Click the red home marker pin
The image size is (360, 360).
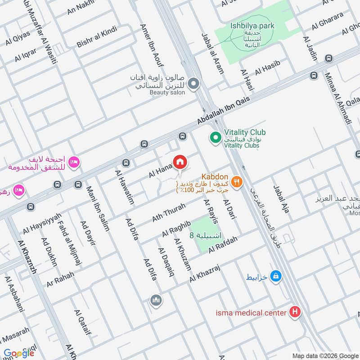pyautogui.click(x=180, y=162)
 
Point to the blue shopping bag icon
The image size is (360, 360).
pyautogui.click(x=277, y=277)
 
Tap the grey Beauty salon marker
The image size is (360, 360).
pyautogui.click(x=193, y=84)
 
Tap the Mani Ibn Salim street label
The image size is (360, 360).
pyautogui.click(x=98, y=208)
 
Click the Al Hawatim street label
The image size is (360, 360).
pyautogui.click(x=125, y=187)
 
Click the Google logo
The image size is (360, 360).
pyautogui.click(x=18, y=353)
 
